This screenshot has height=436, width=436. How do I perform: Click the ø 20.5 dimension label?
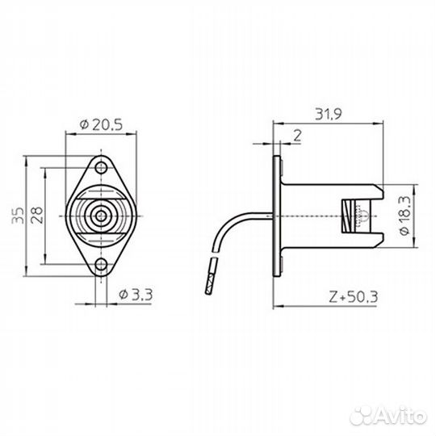(x=101, y=125)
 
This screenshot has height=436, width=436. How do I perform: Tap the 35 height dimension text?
(x=19, y=216)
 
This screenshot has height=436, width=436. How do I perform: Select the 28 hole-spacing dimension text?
(x=37, y=216)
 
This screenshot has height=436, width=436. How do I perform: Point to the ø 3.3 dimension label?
(x=136, y=295)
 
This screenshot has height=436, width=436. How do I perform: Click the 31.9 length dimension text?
(x=329, y=115)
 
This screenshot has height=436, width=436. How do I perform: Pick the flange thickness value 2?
(x=297, y=136)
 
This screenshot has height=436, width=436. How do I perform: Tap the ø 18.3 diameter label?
(x=405, y=216)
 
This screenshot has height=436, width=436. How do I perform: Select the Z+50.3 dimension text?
(x=354, y=296)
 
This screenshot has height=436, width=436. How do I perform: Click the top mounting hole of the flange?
(x=101, y=168)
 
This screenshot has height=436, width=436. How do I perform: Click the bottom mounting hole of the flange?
(x=101, y=264)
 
